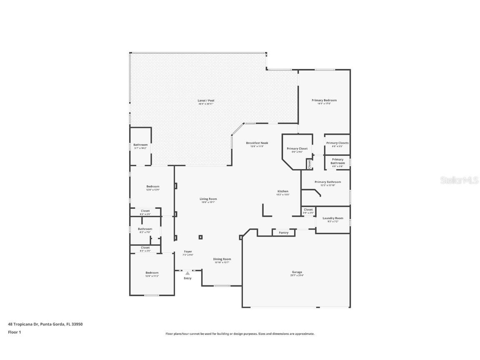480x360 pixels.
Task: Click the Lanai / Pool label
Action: (x=206, y=100)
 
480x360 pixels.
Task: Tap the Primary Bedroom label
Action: (x=324, y=100)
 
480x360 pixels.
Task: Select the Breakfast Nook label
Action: (x=257, y=143)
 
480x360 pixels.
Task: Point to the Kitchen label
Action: (x=283, y=191)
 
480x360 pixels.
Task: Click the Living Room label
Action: (x=208, y=199)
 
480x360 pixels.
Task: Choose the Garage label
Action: (x=297, y=272)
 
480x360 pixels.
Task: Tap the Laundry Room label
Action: (x=333, y=218)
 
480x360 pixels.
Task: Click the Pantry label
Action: (x=283, y=232)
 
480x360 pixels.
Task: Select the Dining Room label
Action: (x=222, y=259)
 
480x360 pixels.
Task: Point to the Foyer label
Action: (x=188, y=251)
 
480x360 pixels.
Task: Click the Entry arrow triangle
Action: (x=187, y=273)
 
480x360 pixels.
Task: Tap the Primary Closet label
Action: (x=297, y=148)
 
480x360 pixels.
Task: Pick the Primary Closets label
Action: (x=337, y=143)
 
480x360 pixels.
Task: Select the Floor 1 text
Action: (x=14, y=332)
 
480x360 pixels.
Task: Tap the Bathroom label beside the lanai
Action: (x=140, y=145)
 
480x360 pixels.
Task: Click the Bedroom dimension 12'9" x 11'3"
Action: (x=152, y=276)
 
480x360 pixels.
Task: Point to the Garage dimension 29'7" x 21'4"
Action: (x=297, y=275)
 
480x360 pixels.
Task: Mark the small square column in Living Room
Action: (x=200, y=237)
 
